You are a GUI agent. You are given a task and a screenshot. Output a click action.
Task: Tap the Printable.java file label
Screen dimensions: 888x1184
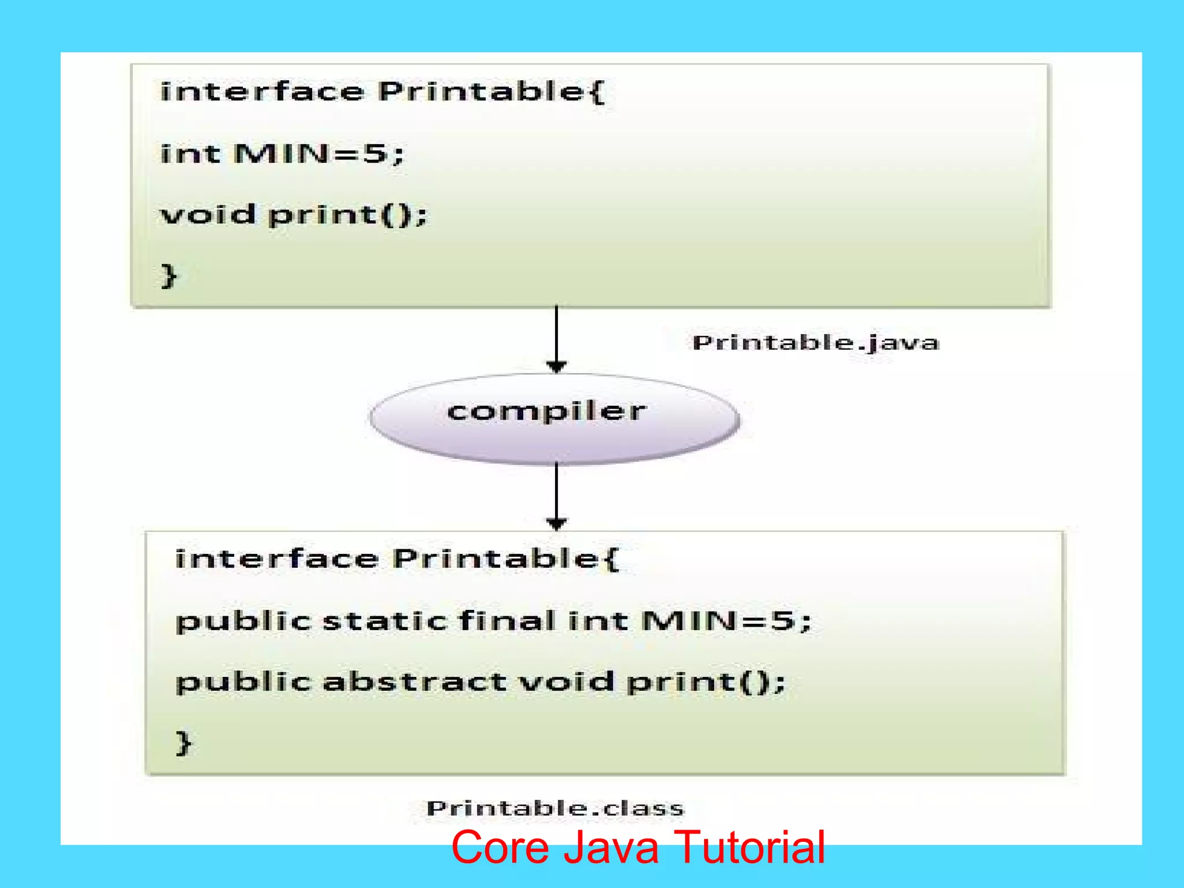pyautogui.click(x=816, y=343)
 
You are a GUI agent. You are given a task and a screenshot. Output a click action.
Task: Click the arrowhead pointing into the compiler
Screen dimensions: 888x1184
pyautogui.click(x=556, y=367)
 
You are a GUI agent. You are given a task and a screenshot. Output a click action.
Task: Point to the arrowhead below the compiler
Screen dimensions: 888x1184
pyautogui.click(x=556, y=524)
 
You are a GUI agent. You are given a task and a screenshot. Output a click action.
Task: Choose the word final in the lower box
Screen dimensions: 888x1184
pyautogui.click(x=507, y=621)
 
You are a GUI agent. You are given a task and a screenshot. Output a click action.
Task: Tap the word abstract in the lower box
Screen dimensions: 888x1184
pyautogui.click(x=415, y=682)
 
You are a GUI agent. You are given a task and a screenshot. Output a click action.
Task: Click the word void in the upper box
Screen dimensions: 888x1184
pyautogui.click(x=208, y=214)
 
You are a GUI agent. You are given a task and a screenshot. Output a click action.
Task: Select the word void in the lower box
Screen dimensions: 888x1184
pyautogui.click(x=566, y=682)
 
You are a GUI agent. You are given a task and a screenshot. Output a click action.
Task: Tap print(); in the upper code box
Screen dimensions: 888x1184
pyautogui.click(x=347, y=216)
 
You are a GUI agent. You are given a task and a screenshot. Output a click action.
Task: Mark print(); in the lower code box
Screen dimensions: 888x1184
pyautogui.click(x=706, y=683)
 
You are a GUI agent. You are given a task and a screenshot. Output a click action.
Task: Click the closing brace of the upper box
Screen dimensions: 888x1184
pyautogui.click(x=168, y=276)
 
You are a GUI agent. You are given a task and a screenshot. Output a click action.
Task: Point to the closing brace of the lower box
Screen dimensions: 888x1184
pyautogui.click(x=183, y=743)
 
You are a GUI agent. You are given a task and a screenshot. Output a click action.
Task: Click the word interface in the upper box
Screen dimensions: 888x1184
pyautogui.click(x=262, y=92)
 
